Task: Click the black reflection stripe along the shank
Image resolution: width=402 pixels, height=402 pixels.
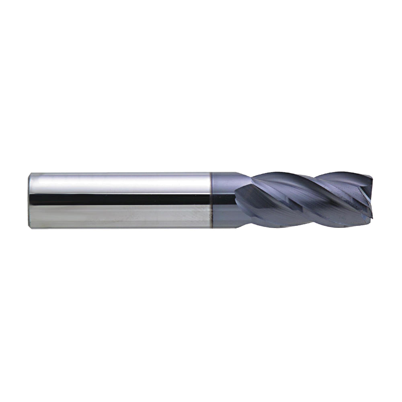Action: tap(121, 199)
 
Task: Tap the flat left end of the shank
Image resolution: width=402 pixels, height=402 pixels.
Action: tap(30, 200)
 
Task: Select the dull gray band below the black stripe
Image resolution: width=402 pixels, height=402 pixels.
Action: tap(121, 215)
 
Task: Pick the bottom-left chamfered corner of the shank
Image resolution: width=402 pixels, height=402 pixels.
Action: tap(31, 226)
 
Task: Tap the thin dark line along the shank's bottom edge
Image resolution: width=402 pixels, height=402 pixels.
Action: tap(121, 228)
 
